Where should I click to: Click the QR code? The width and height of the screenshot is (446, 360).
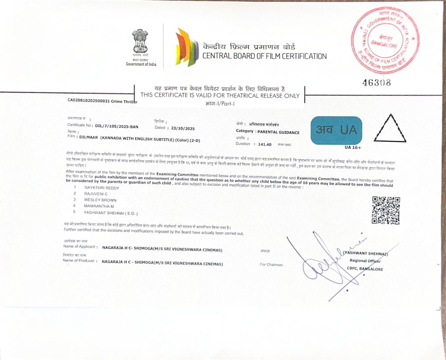tap(386, 210)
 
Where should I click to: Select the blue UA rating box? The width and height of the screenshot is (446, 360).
tap(336, 130)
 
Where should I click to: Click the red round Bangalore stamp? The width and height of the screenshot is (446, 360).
tap(385, 42)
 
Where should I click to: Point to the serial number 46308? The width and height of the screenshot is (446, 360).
tap(377, 82)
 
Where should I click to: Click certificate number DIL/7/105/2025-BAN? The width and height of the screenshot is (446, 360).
tap(114, 126)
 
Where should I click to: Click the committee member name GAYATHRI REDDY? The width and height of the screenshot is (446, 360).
tap(99, 188)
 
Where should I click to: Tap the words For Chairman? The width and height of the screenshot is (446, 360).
tap(271, 265)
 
